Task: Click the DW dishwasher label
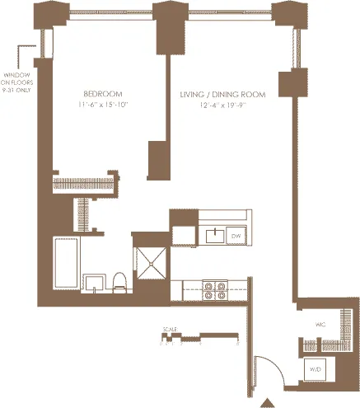(236, 237)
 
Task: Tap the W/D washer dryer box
(316, 370)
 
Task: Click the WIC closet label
(322, 325)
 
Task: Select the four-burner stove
(216, 290)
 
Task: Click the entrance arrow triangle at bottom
(266, 402)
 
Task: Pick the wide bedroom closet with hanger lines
(86, 185)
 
